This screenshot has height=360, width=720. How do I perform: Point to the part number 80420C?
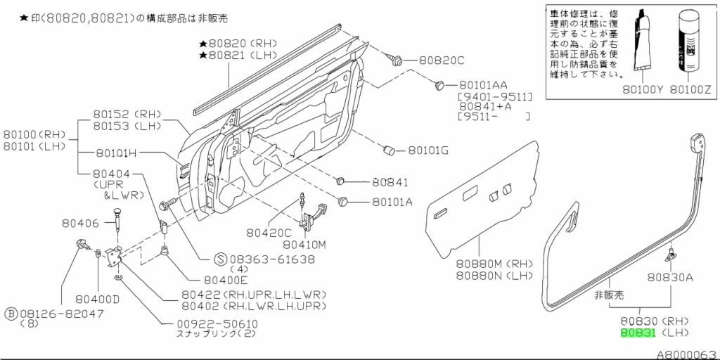pos(269,233)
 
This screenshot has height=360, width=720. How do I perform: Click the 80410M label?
pos(305,245)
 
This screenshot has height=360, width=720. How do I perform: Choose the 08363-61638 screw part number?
pos(272,259)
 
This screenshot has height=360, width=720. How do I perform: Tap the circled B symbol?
pos(11,312)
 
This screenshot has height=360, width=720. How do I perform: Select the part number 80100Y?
pos(642,89)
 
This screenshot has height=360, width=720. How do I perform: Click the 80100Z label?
pos(690,89)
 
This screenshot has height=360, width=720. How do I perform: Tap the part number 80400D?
pos(98,298)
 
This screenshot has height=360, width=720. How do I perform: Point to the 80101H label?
pos(116,153)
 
